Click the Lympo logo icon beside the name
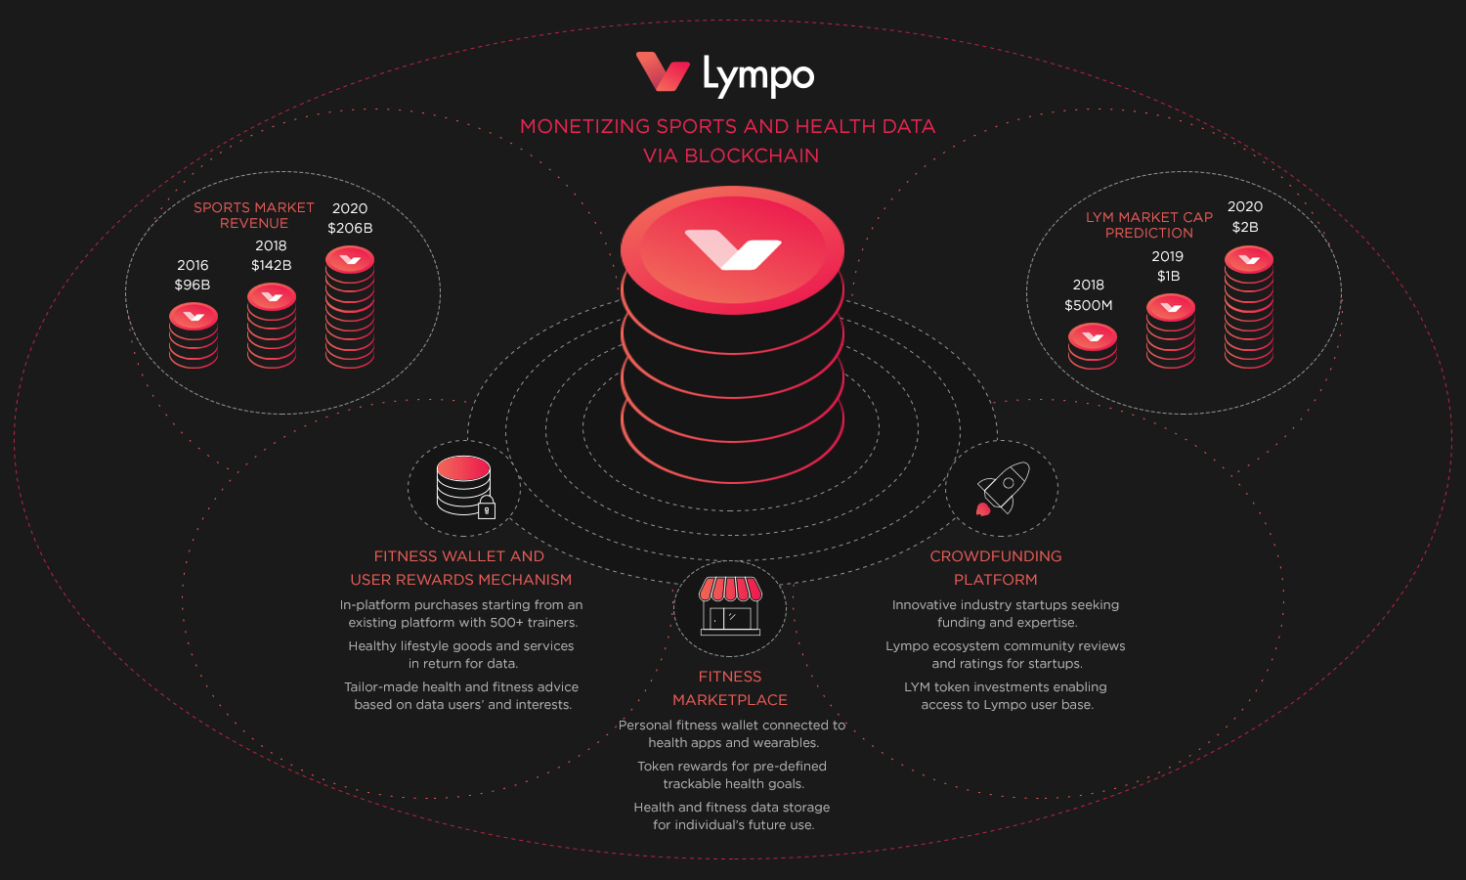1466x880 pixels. pos(663,72)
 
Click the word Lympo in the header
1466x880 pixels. pos(758,75)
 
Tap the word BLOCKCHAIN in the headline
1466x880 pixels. pos(752,155)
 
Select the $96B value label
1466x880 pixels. pos(193,285)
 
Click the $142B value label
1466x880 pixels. pos(272,265)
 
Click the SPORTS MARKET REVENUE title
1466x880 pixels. pos(254,215)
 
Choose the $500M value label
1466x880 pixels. pos(1089,305)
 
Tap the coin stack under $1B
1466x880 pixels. pos(1171,331)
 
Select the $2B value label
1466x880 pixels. pos(1245,227)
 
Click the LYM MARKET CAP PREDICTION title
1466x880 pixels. pos(1149,225)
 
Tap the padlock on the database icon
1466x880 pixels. pos(487,508)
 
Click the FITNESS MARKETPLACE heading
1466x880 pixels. pos(730,688)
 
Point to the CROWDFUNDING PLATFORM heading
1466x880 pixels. pos(996,567)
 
